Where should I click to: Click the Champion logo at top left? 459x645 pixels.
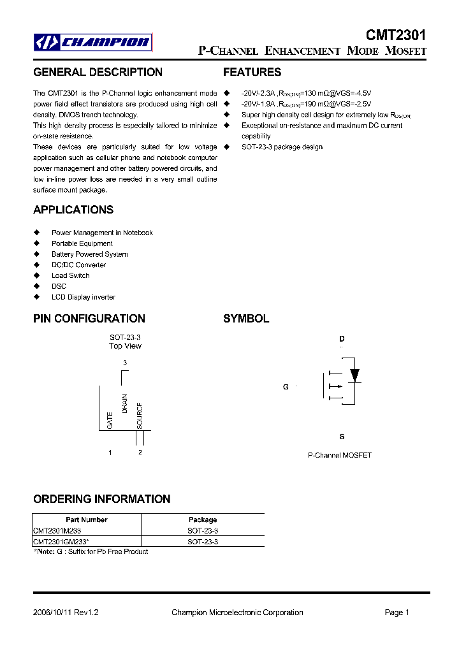tap(93, 43)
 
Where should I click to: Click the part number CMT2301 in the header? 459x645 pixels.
tap(396, 35)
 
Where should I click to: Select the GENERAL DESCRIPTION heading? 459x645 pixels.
tap(98, 72)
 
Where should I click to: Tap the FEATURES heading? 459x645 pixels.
tap(252, 72)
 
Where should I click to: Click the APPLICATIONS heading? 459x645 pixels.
tap(73, 210)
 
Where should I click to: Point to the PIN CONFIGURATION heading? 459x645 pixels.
tap(89, 319)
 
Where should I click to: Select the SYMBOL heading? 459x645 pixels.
tap(246, 319)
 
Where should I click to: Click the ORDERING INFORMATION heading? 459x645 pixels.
tap(101, 499)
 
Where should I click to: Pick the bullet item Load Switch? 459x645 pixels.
tap(70, 275)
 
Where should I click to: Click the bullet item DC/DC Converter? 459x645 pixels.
tap(78, 265)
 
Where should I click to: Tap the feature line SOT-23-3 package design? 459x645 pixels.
tap(282, 147)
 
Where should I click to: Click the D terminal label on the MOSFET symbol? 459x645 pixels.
tap(342, 339)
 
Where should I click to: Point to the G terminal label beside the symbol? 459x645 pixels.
tap(286, 387)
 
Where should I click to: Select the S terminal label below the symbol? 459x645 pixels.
tap(342, 437)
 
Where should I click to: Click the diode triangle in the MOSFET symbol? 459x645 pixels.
tap(355, 374)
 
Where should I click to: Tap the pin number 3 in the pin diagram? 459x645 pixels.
tap(125, 363)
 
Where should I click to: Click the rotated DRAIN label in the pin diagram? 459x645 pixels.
tap(125, 404)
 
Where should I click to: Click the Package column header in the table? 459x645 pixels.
tap(203, 519)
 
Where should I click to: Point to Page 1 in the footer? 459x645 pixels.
tap(397, 612)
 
